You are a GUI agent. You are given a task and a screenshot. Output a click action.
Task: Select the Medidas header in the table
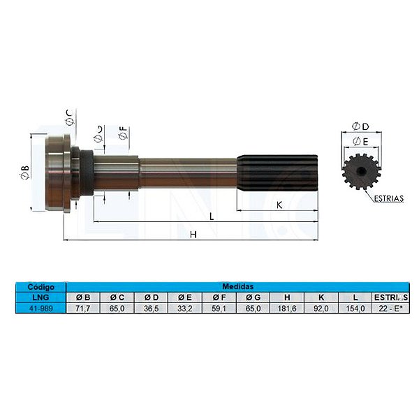pyautogui.click(x=237, y=286)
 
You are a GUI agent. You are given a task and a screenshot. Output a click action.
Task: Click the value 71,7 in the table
pyautogui.click(x=82, y=307)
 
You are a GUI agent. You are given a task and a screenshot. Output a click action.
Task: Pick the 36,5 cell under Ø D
pyautogui.click(x=150, y=307)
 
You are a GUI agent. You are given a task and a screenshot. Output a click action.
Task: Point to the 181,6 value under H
pyautogui.click(x=287, y=307)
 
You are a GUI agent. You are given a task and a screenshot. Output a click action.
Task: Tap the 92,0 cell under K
pyautogui.click(x=321, y=307)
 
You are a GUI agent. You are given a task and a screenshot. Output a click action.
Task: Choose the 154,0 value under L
pyautogui.click(x=355, y=307)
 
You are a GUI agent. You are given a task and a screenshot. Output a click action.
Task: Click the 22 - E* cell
pyautogui.click(x=390, y=307)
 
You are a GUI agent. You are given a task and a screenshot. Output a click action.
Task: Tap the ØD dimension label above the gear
pyautogui.click(x=361, y=126)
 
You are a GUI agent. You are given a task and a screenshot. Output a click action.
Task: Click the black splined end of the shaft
pyautogui.click(x=277, y=172)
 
